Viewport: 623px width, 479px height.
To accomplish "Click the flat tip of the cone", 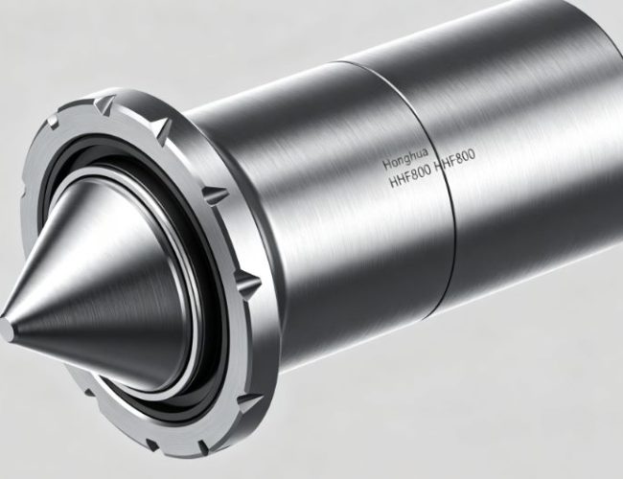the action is point(6,331).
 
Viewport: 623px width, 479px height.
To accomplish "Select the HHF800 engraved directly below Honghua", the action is point(409,175).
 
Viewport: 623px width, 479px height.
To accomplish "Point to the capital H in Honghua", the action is point(385,164).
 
